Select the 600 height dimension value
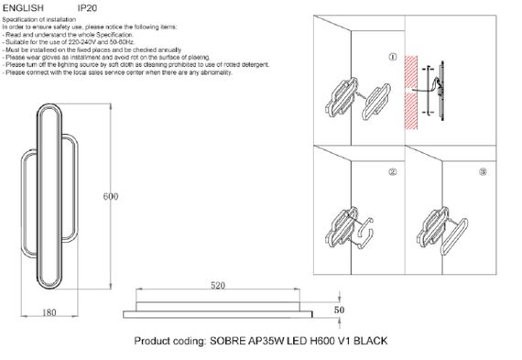point(112,197)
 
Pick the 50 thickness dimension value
point(338,311)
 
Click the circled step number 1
point(393,58)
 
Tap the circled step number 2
point(393,171)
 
